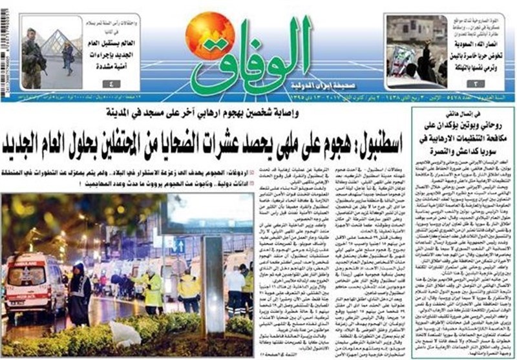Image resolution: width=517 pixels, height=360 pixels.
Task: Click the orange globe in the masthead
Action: click(x=210, y=36)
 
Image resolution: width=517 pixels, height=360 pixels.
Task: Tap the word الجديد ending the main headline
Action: click(x=33, y=138)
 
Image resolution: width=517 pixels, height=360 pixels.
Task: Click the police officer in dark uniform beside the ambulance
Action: click(x=79, y=293)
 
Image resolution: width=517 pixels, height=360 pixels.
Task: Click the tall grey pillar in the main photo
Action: click(x=213, y=285)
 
